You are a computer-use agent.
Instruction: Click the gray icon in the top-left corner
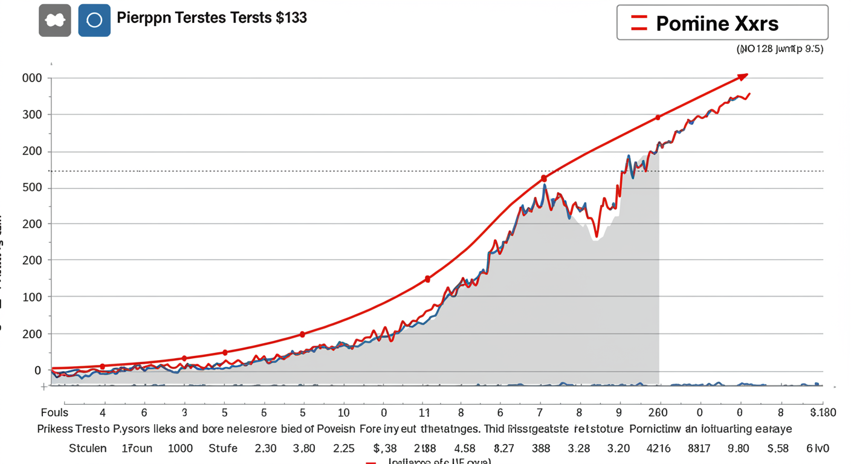[54, 20]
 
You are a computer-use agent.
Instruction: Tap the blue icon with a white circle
[94, 20]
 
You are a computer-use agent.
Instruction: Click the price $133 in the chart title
[291, 18]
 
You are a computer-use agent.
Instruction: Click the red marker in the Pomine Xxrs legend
[639, 23]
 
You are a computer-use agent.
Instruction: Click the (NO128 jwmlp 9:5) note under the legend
[780, 50]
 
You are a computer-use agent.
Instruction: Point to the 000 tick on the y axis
[32, 78]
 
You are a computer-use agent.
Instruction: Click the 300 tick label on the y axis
[32, 115]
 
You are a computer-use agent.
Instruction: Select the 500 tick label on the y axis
[32, 188]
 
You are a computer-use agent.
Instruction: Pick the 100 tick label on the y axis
[32, 297]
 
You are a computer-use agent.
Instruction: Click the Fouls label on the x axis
[54, 413]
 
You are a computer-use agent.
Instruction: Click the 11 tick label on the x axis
[424, 413]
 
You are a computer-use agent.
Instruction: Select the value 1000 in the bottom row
[180, 448]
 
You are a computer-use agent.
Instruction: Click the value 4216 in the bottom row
[658, 448]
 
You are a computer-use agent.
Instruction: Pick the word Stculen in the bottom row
[88, 448]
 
